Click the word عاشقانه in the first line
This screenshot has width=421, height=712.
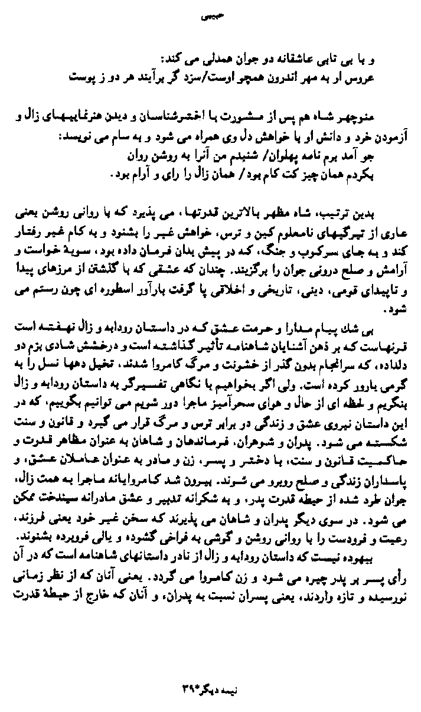pyautogui.click(x=303, y=61)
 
